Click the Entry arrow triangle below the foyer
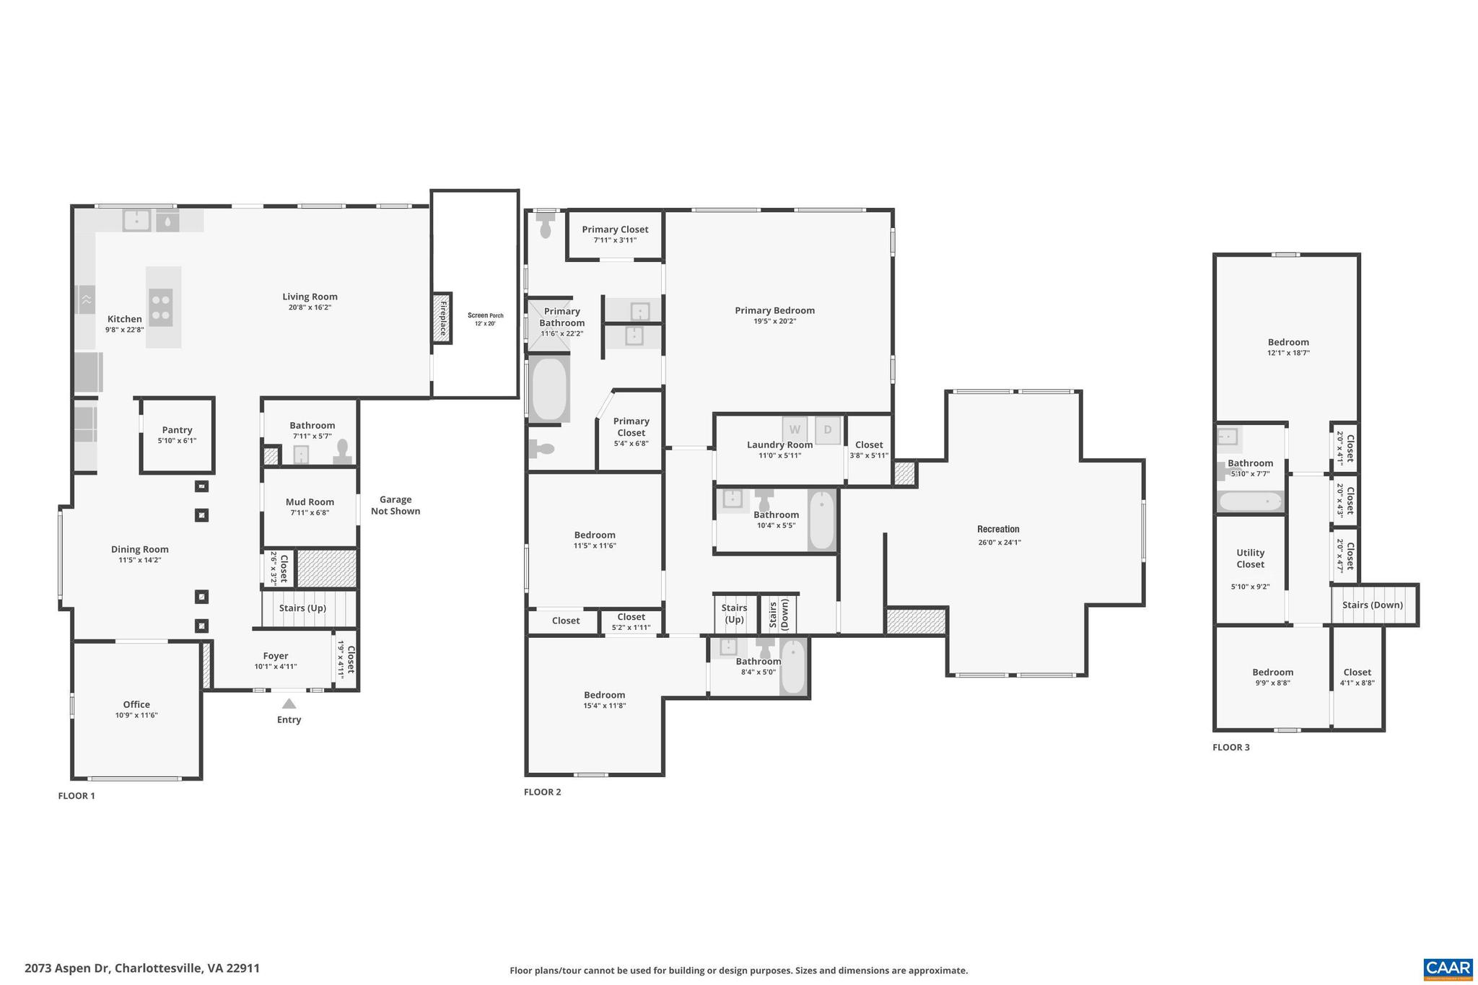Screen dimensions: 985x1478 [289, 704]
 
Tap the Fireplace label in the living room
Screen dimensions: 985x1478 [442, 318]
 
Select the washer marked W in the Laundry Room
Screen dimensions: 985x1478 [795, 429]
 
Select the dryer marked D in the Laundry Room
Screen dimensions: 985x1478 [828, 429]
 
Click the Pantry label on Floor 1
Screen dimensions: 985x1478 [177, 430]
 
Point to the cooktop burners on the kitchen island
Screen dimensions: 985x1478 [161, 307]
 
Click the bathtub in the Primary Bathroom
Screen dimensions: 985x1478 [549, 389]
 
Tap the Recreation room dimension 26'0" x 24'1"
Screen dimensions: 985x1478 [999, 543]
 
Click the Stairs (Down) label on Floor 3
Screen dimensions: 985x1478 [1372, 605]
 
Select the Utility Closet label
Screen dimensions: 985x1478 [1250, 559]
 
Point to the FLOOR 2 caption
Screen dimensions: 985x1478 [542, 792]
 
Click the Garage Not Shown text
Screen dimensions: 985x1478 [395, 505]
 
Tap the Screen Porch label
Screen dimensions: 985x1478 [485, 315]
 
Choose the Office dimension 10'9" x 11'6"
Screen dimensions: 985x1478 [136, 715]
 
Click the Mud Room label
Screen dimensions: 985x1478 [310, 502]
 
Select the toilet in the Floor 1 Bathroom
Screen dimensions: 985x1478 [342, 452]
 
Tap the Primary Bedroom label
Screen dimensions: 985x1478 [774, 310]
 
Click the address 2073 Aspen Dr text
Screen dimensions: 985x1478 [142, 968]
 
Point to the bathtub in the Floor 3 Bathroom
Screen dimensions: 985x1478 [1250, 502]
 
